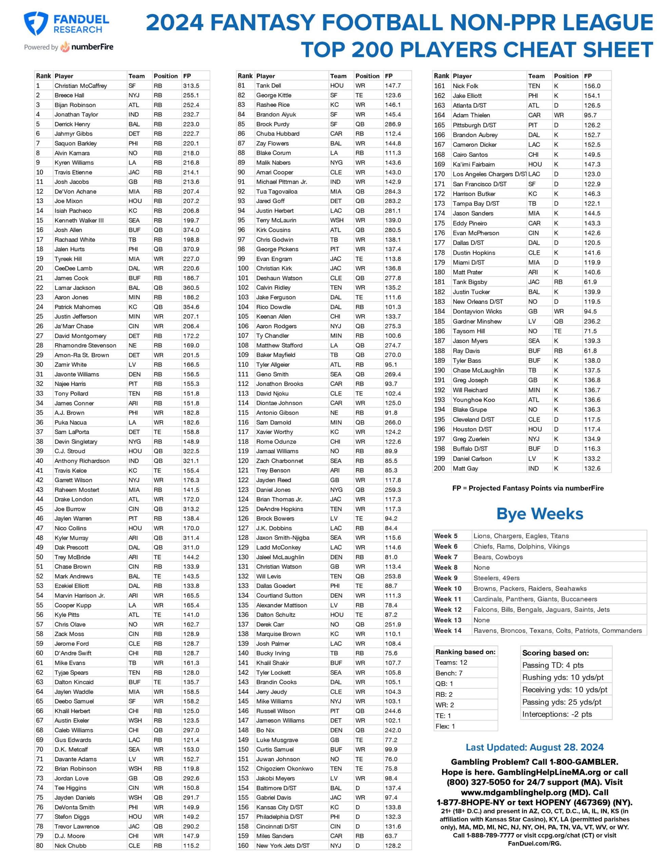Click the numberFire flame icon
(x=65, y=47)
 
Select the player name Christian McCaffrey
(x=81, y=85)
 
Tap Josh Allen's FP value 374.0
(x=191, y=230)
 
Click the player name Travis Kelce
(x=71, y=471)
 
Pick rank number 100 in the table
(x=243, y=268)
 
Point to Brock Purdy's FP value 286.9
(x=392, y=124)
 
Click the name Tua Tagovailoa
(x=276, y=192)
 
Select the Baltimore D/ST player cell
(x=276, y=788)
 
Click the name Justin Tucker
(x=471, y=292)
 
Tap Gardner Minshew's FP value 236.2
(x=592, y=321)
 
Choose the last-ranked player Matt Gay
(x=465, y=468)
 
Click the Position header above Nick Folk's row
(x=566, y=76)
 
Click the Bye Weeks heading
(x=539, y=514)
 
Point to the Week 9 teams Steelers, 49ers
(x=496, y=578)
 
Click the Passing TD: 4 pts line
(x=547, y=665)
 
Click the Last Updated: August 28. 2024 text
(x=535, y=747)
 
